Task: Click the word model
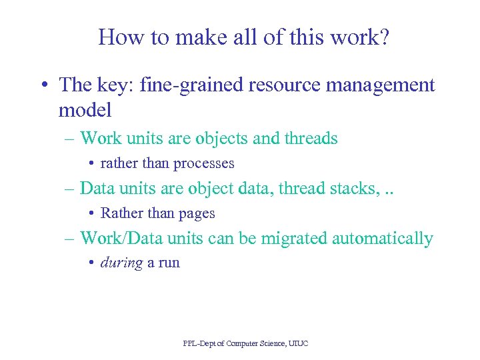[85, 109]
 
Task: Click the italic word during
[121, 263]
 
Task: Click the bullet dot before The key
[44, 86]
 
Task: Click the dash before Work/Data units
[70, 239]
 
